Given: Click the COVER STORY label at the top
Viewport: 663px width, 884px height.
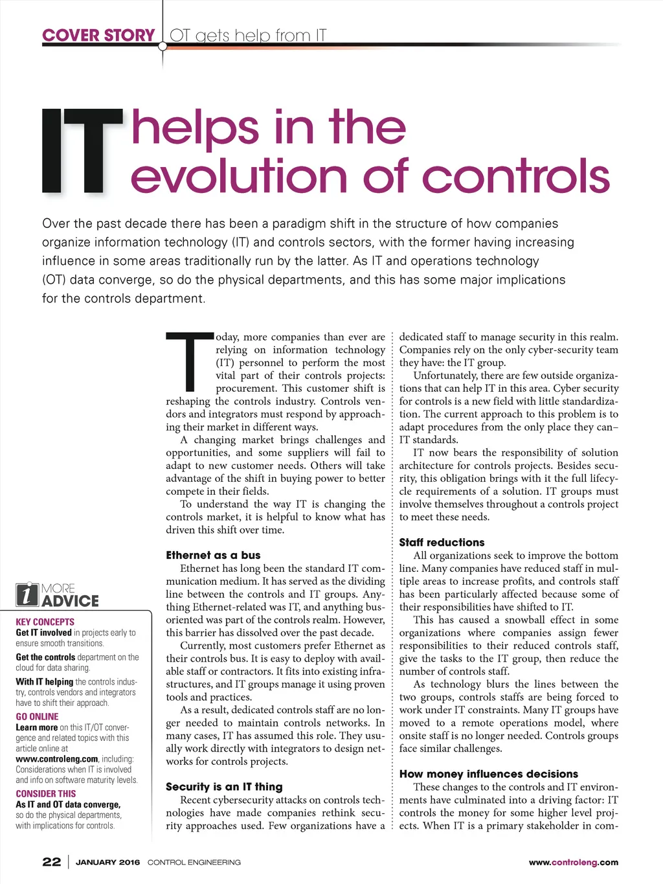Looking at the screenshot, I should click(98, 35).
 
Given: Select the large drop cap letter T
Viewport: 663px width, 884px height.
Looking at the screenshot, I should click(189, 362).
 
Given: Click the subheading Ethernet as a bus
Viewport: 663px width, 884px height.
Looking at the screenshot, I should click(213, 555).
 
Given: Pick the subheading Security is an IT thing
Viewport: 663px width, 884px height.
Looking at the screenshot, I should click(224, 787).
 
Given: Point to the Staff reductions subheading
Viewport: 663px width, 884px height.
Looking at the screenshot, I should click(442, 543).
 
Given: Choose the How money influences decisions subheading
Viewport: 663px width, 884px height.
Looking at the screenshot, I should click(488, 774).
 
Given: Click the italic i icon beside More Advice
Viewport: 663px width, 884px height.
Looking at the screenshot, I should click(27, 595).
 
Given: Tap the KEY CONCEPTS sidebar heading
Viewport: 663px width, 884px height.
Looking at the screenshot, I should click(45, 622).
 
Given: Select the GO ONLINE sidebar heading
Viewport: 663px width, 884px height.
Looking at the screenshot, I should click(37, 716).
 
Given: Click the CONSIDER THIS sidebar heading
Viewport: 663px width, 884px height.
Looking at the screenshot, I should click(45, 793).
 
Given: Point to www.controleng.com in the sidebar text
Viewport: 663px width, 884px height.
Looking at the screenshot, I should click(57, 759).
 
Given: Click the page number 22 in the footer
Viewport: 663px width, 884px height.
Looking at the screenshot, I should click(51, 862).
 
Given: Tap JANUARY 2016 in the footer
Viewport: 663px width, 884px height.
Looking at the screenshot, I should click(107, 863).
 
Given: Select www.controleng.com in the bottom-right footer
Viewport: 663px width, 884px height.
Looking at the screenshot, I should click(573, 863).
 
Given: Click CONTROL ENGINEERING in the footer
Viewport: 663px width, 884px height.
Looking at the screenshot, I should click(194, 863).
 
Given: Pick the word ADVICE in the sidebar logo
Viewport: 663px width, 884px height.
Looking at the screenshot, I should click(70, 601).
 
